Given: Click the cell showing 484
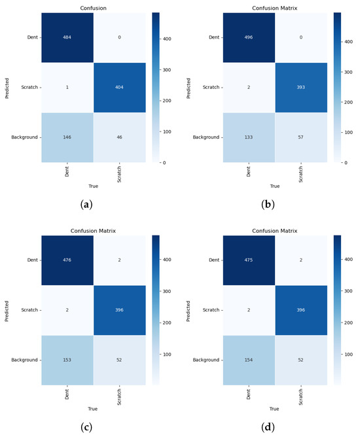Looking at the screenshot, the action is pos(67,37).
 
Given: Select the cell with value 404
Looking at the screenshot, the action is pos(120,88).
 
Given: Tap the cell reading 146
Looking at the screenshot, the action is pos(67,137).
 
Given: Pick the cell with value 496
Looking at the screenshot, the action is pos(249,37).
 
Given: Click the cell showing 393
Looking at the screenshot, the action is pos(301,88).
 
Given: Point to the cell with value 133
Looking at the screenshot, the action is pos(249,137).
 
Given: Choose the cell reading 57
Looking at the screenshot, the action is pos(301,137).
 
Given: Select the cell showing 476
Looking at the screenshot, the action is pos(67,260).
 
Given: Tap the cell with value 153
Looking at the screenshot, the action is pos(67,360).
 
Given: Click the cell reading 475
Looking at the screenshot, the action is pos(249,260).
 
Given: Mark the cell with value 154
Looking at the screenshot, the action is pos(249,360).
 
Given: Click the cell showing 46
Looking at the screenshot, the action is pos(120,137).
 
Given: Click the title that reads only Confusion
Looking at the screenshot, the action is pos(93,9).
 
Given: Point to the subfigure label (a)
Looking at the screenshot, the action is pos(86,205).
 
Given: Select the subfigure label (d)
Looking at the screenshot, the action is pos(268,427).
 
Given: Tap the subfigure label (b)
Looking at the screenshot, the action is pos(268,205).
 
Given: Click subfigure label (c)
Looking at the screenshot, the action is pos(86,427).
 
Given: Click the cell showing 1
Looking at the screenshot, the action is pos(67,88).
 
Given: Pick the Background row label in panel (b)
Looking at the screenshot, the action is pos(206,137).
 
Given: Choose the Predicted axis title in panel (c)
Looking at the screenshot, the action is pos(7,311).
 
